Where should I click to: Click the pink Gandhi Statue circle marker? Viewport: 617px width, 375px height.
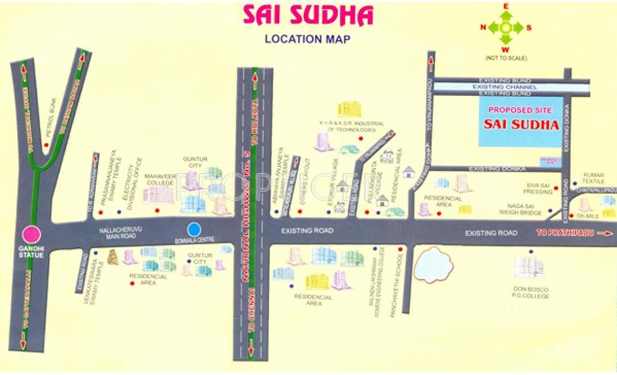coord(31,235)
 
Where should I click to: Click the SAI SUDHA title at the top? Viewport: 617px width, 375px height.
coord(308,16)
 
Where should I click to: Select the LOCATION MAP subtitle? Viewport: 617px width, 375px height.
coord(307,39)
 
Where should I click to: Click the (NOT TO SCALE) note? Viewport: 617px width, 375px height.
coord(506,58)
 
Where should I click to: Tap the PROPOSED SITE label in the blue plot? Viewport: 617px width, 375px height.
coord(519,110)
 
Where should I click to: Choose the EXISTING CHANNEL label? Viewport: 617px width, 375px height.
coord(504,87)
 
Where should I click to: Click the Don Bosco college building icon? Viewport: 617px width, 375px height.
coord(528,268)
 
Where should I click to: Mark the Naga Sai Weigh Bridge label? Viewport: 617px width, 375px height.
coord(524,209)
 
